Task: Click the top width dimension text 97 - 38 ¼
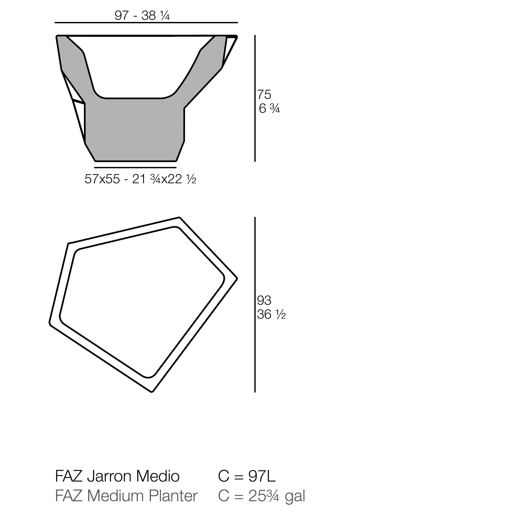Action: click(142, 16)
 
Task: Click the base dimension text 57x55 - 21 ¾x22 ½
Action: click(140, 179)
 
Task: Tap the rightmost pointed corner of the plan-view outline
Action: click(237, 278)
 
